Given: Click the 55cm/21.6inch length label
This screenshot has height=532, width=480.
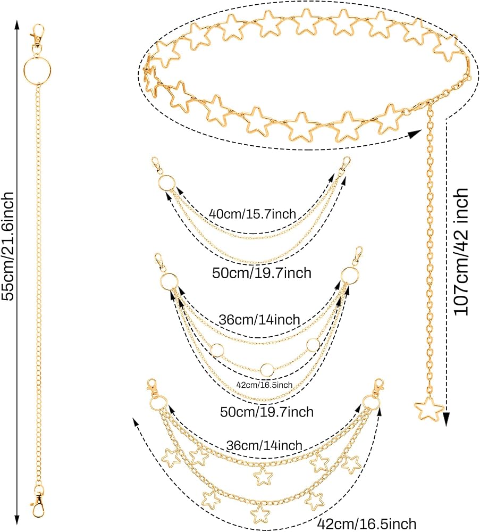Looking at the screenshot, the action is coord(8,246).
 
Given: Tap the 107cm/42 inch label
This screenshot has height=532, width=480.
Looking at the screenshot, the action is coord(461,252).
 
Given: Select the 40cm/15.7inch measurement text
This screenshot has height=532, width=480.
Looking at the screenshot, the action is coord(252,214).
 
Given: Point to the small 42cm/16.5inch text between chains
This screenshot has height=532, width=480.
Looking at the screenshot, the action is coord(264,385).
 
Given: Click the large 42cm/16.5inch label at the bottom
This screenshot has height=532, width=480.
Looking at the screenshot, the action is coord(366,524).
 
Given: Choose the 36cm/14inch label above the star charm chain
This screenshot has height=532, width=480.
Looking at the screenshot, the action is coord(264,445).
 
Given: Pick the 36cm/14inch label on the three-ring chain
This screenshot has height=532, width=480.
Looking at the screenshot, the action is coord(259,320).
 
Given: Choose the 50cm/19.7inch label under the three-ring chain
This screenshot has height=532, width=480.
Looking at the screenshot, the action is coord(267,412).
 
